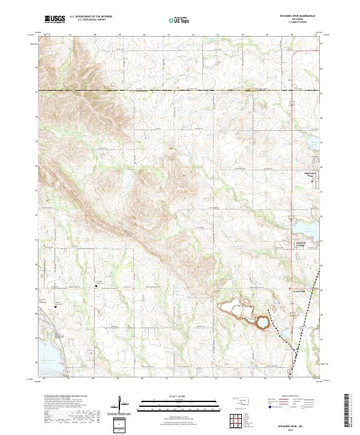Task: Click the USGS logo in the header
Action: (55, 19)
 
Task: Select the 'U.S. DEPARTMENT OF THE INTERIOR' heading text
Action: (90, 17)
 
